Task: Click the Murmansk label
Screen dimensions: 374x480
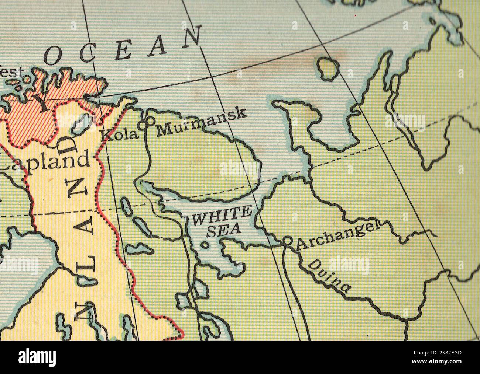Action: click(201, 122)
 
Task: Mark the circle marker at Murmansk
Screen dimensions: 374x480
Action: click(151, 120)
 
